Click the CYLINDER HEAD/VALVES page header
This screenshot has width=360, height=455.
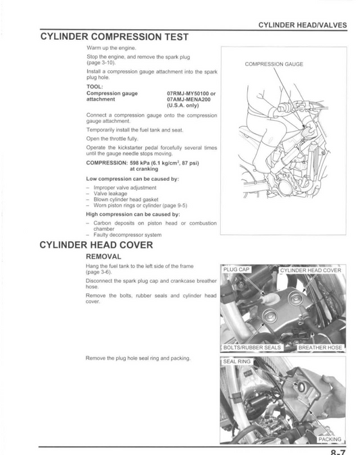(x=303, y=24)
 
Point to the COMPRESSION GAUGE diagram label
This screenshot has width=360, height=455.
(x=274, y=63)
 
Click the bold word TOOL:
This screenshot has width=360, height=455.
(x=95, y=87)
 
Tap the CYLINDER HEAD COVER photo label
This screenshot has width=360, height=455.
(x=311, y=270)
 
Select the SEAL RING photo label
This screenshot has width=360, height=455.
(x=238, y=362)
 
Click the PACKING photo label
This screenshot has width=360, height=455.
(x=330, y=439)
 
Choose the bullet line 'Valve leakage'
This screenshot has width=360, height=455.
(x=110, y=193)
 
